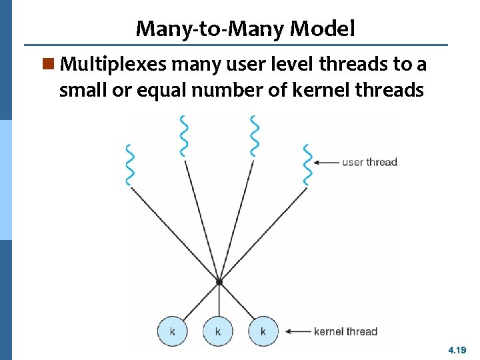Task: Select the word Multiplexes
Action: [113, 65]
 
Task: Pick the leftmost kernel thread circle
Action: [173, 331]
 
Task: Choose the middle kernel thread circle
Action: [218, 331]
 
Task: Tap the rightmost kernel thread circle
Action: [263, 331]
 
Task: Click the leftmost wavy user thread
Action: [130, 165]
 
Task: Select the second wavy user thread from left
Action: [183, 135]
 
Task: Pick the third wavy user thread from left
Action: [254, 135]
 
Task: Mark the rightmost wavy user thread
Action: [307, 165]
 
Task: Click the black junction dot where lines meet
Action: [219, 283]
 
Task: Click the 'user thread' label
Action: [369, 162]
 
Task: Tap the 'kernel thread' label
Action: [345, 331]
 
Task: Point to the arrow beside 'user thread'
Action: [326, 162]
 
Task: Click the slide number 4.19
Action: [458, 349]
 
